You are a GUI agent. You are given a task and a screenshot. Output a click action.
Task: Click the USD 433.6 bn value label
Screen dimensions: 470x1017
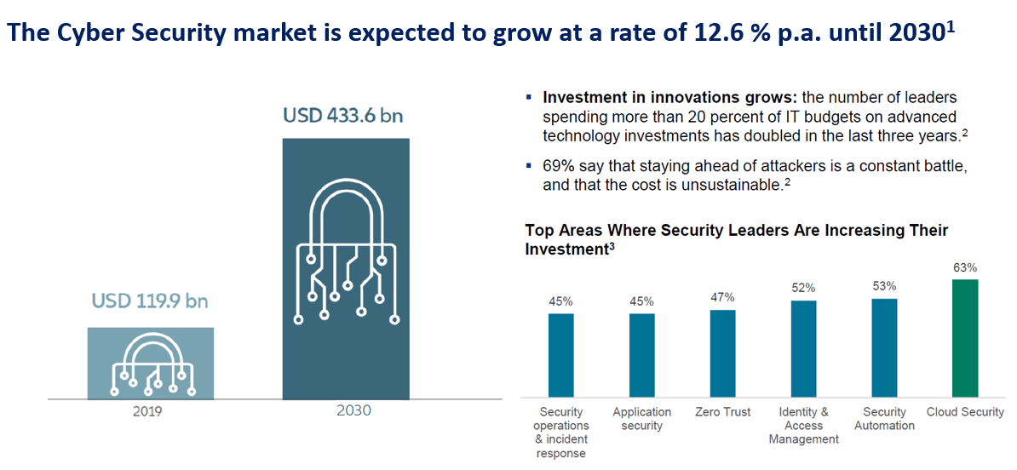point(345,115)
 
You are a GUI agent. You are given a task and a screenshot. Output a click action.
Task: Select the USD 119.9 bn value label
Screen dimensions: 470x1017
point(150,301)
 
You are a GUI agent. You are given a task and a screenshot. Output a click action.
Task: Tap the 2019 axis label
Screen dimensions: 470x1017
point(150,410)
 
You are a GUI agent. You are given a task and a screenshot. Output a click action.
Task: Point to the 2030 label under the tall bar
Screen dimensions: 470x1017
point(346,410)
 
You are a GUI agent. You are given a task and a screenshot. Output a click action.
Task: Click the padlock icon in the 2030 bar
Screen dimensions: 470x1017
point(346,255)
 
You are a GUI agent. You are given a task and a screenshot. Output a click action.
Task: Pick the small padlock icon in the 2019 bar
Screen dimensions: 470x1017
point(150,364)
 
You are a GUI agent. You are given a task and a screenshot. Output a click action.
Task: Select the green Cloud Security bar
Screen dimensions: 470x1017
point(966,338)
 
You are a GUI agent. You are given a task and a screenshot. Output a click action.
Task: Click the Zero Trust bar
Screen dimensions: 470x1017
point(722,353)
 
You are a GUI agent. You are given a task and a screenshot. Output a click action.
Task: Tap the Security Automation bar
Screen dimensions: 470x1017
point(884,347)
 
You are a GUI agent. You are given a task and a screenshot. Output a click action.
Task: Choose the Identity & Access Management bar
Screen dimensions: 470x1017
point(803,348)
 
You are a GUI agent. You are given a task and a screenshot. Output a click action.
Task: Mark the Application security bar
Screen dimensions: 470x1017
point(641,355)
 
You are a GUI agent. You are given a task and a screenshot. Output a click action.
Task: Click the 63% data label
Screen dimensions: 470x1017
point(966,267)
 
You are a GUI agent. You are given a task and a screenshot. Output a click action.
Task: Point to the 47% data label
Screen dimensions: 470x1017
point(722,297)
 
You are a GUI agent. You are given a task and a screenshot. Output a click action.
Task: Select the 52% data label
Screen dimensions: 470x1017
point(803,288)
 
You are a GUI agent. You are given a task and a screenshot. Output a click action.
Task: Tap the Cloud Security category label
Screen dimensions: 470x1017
point(966,412)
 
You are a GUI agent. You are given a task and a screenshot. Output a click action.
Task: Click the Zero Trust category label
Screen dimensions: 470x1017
point(722,412)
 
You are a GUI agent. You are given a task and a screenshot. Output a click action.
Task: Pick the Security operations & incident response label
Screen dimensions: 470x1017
point(561,433)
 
